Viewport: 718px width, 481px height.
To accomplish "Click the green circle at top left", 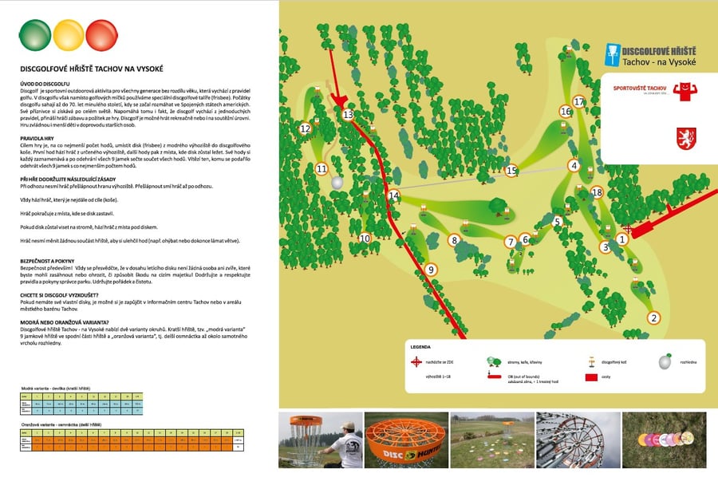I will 34,34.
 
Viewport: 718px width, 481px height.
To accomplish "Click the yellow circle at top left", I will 68,34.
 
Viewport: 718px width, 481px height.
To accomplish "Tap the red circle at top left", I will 101,34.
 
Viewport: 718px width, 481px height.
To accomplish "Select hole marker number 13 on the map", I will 348,115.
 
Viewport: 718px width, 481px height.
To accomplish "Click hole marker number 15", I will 511,170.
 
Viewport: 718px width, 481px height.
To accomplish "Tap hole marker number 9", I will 431,270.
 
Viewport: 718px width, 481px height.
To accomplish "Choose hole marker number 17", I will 579,101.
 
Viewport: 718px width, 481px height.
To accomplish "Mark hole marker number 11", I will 322,169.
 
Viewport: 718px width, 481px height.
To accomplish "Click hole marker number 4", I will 574,166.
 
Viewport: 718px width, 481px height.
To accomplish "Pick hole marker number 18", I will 597,191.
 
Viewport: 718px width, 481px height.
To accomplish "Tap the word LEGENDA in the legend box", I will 421,348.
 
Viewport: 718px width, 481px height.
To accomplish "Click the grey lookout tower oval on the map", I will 337,183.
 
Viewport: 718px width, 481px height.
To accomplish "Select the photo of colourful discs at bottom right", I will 664,440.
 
